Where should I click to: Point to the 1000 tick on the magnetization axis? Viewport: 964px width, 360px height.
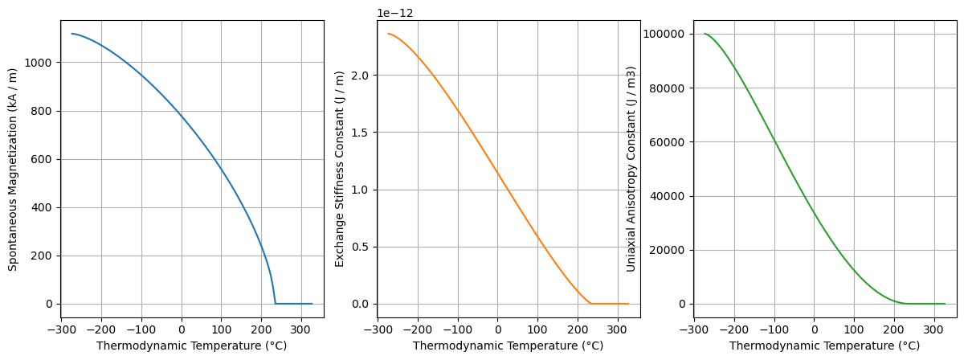tap(41, 63)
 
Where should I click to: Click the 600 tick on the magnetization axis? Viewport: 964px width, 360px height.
tap(44, 159)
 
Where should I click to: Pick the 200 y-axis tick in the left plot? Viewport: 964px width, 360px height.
tap(44, 256)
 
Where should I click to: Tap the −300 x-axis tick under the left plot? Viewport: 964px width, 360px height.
tap(61, 329)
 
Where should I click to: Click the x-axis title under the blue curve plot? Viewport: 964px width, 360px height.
tap(191, 346)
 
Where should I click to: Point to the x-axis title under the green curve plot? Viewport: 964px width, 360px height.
tap(824, 346)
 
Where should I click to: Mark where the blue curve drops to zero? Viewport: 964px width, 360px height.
tap(275, 303)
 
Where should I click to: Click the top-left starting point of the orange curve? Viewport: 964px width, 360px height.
tap(389, 34)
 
